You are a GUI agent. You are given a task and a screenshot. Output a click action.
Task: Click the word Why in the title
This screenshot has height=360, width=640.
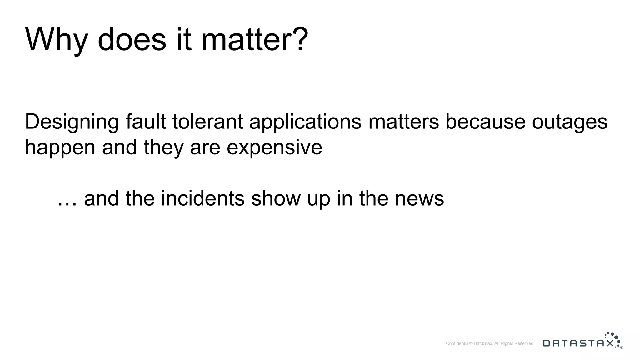pos(56,40)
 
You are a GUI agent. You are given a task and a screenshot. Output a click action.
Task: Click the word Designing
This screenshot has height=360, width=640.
pos(72,122)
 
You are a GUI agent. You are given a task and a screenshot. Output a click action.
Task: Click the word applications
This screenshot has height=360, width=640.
pos(305,122)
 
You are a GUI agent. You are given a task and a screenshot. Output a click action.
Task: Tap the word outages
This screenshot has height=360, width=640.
pos(569,122)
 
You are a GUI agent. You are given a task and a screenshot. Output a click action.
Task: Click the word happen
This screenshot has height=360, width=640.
pos(60,147)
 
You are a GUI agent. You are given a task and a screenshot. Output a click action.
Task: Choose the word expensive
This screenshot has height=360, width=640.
pos(274,147)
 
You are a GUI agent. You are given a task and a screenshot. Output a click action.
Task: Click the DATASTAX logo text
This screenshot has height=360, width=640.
pos(578,343)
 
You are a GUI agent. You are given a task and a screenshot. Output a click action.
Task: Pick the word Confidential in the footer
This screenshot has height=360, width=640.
pos(457,344)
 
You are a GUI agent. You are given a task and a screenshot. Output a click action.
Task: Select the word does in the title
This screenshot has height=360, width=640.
pos(132,40)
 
